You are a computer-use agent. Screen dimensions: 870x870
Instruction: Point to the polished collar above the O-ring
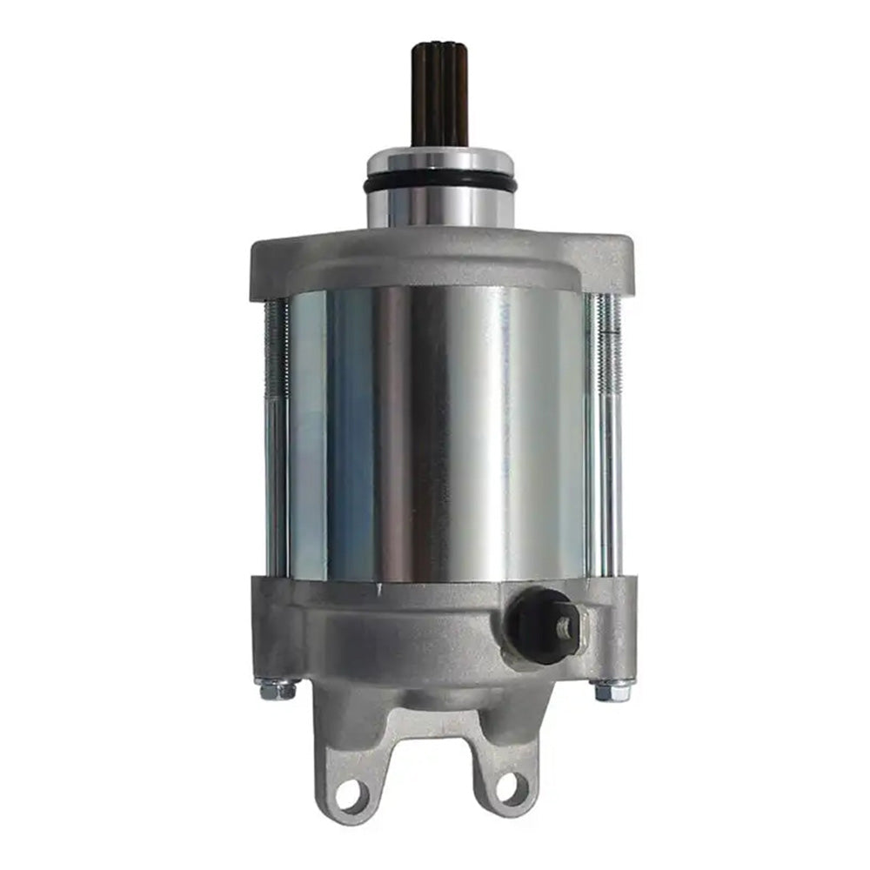tap(440, 161)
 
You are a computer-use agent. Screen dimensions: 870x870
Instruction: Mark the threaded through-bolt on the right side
tap(606, 435)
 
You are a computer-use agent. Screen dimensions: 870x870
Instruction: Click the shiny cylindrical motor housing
tap(440, 435)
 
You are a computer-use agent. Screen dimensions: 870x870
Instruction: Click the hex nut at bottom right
tap(608, 690)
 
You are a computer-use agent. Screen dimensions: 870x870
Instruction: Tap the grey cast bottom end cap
tap(409, 626)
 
